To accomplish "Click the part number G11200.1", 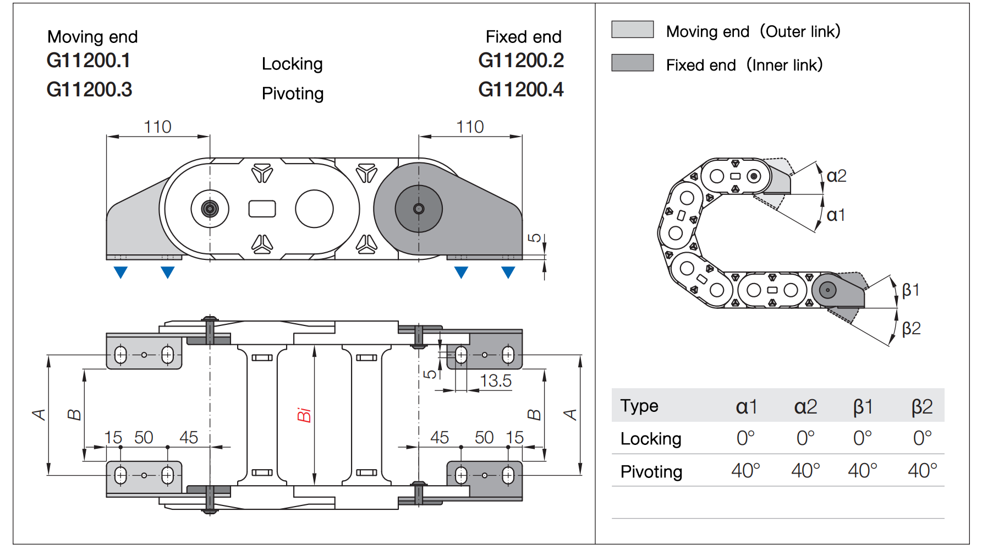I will (x=88, y=61).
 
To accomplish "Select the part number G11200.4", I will (x=520, y=89).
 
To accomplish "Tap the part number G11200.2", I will (x=520, y=61).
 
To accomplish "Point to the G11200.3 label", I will (x=89, y=89).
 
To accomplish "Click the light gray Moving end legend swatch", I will (x=632, y=30).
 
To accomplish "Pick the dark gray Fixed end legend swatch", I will (x=632, y=63).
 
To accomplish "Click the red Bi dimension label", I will (x=304, y=415).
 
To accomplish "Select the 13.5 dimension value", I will (x=495, y=380).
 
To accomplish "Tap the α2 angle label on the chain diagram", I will (x=836, y=176).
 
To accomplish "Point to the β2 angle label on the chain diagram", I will (x=911, y=329).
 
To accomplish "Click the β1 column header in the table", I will (x=863, y=407).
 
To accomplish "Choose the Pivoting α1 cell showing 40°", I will (x=745, y=471).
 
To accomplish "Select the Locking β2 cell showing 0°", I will (x=922, y=438).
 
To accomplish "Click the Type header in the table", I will (x=639, y=406).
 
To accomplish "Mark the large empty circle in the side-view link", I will (x=314, y=209).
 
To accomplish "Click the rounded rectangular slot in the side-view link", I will (x=262, y=209).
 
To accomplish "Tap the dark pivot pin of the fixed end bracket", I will (x=419, y=209).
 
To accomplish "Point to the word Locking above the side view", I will (x=292, y=64).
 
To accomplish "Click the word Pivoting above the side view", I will (x=292, y=94).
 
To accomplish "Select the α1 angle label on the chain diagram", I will (x=835, y=215).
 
